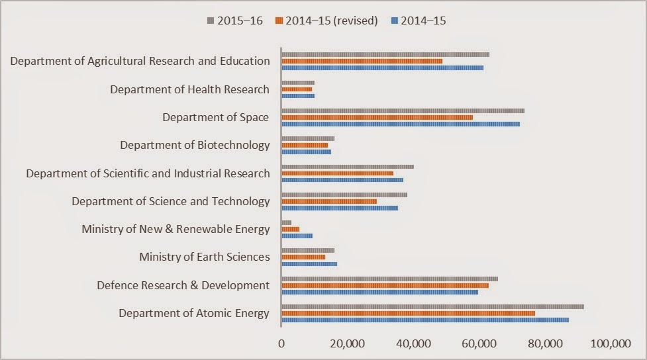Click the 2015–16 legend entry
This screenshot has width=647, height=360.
235,21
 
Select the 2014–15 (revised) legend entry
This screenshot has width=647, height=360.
327,21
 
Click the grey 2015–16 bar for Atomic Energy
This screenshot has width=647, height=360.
432,306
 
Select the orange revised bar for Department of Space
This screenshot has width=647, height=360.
377,117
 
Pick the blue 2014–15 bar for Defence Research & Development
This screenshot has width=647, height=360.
379,291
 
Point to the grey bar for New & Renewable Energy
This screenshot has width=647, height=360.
286,222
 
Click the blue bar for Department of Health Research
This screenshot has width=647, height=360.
298,95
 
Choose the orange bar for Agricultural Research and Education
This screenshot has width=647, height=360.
362,61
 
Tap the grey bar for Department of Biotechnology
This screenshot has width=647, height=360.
308,138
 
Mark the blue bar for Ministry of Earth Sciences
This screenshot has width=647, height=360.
309,263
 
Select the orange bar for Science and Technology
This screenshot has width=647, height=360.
329,201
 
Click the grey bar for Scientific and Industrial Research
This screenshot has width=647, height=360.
348,167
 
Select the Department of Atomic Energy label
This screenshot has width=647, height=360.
194,313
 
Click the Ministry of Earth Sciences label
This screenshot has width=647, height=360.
204,257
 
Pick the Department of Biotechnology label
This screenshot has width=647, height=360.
195,145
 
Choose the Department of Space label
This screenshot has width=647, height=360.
216,117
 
